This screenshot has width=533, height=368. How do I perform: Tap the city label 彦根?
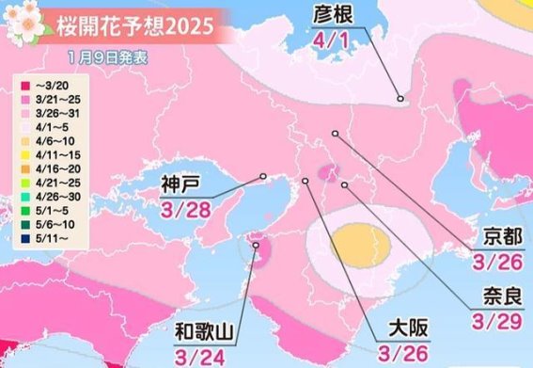330,18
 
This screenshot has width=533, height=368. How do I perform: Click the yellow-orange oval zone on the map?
361,243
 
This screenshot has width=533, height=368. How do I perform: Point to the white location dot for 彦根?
400,98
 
